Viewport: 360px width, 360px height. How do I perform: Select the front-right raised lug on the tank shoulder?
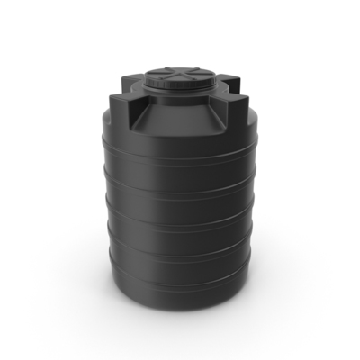pos(232,113)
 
